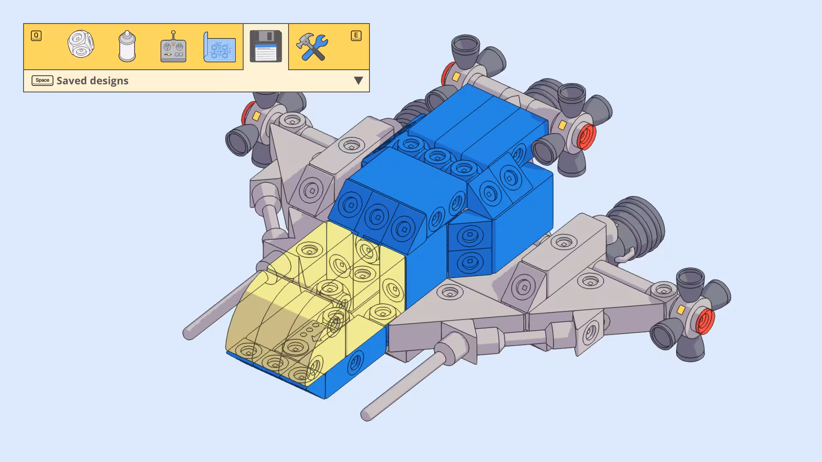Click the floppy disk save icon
265,46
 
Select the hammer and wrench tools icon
312,47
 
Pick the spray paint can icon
127,46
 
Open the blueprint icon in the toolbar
219,47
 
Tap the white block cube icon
80,44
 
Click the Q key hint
36,36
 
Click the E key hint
356,36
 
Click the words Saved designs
92,80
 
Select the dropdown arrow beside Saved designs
358,80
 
